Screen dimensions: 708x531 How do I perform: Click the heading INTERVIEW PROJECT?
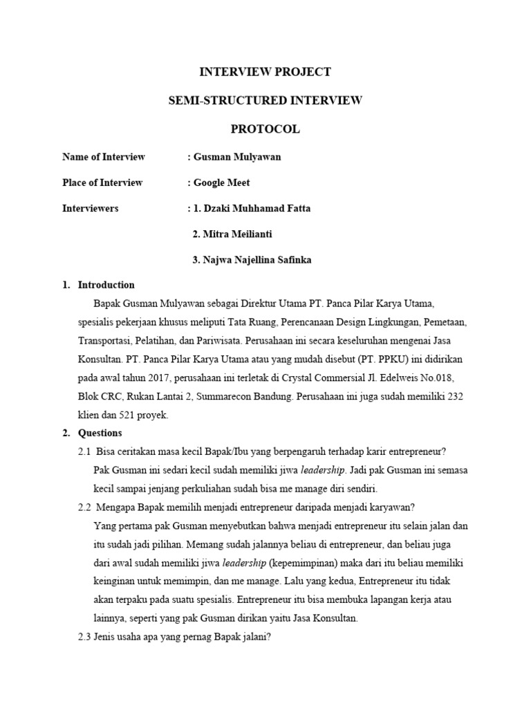pyautogui.click(x=265, y=72)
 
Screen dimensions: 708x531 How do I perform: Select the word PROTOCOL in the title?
pyautogui.click(x=265, y=129)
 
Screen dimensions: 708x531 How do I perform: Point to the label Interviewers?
pyautogui.click(x=90, y=208)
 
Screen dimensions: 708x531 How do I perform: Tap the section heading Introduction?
pyautogui.click(x=106, y=285)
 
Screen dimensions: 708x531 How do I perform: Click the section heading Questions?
pyautogui.click(x=100, y=434)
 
